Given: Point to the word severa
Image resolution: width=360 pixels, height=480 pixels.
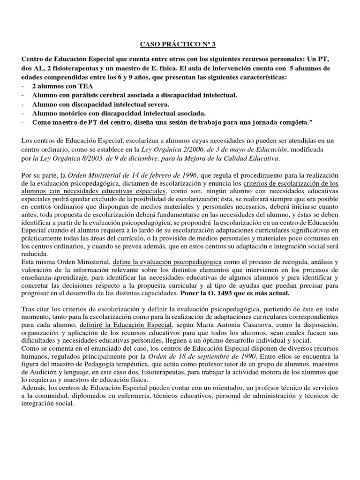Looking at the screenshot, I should pyautogui.click(x=158, y=104).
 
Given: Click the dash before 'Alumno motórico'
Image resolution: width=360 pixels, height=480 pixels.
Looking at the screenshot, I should pyautogui.click(x=24, y=113).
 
